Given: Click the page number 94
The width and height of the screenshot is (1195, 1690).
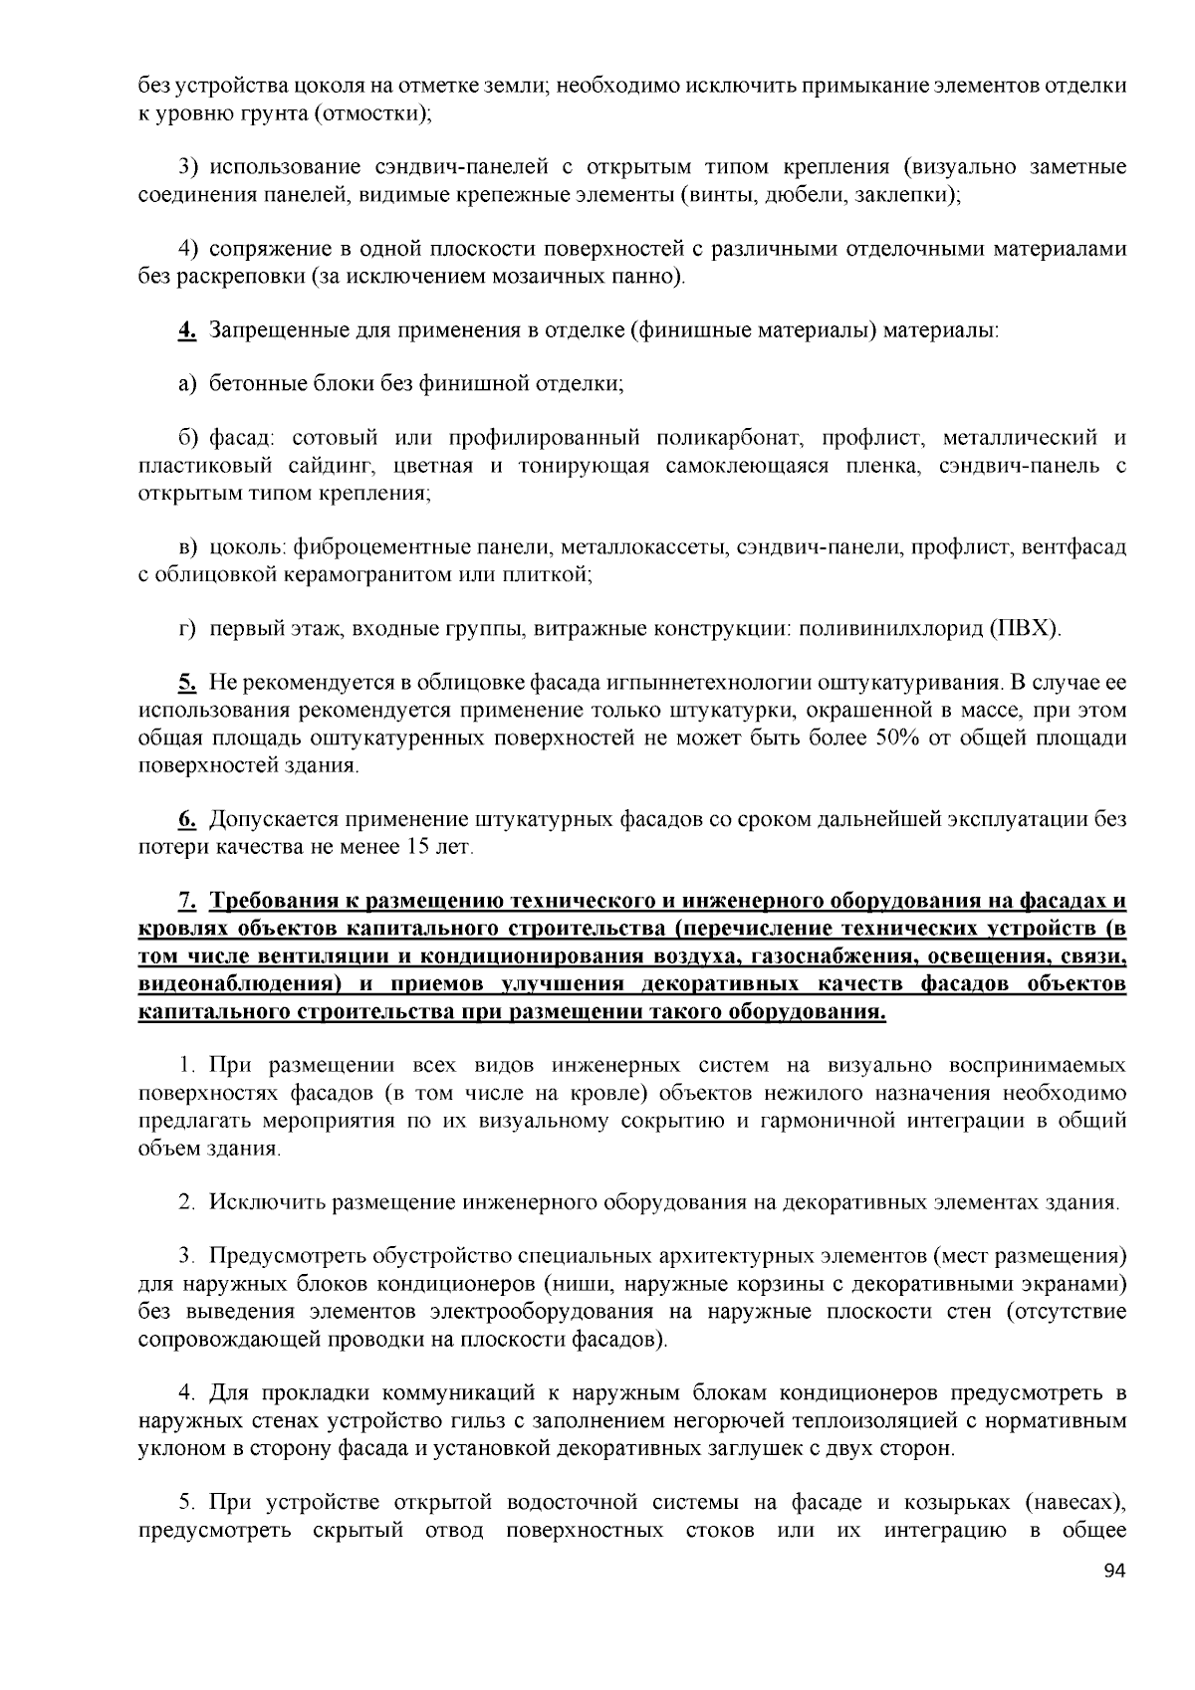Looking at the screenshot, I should click(1114, 1572).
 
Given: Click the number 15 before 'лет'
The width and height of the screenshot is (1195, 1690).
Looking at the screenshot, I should click(417, 847).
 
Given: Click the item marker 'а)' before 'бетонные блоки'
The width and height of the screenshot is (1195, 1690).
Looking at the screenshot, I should click(188, 383).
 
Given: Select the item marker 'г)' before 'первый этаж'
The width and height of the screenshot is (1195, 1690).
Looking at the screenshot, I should click(187, 628).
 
